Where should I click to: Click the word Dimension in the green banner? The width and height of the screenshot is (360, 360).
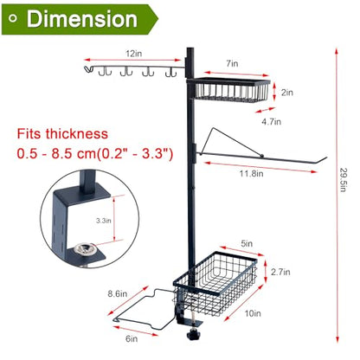click(81, 19)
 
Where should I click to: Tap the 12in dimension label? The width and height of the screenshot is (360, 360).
click(133, 54)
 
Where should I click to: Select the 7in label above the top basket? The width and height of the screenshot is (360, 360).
click(232, 63)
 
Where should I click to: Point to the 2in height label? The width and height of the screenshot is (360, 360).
click(287, 93)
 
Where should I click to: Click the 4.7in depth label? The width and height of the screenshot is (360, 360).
click(271, 121)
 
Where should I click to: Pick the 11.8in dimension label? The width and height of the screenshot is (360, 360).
click(252, 173)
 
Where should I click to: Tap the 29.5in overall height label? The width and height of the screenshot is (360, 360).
click(343, 180)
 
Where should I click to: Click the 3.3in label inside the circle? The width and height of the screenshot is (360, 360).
click(104, 221)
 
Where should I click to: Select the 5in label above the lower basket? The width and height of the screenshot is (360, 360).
click(247, 243)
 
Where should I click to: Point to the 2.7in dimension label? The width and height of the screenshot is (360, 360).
click(280, 272)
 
